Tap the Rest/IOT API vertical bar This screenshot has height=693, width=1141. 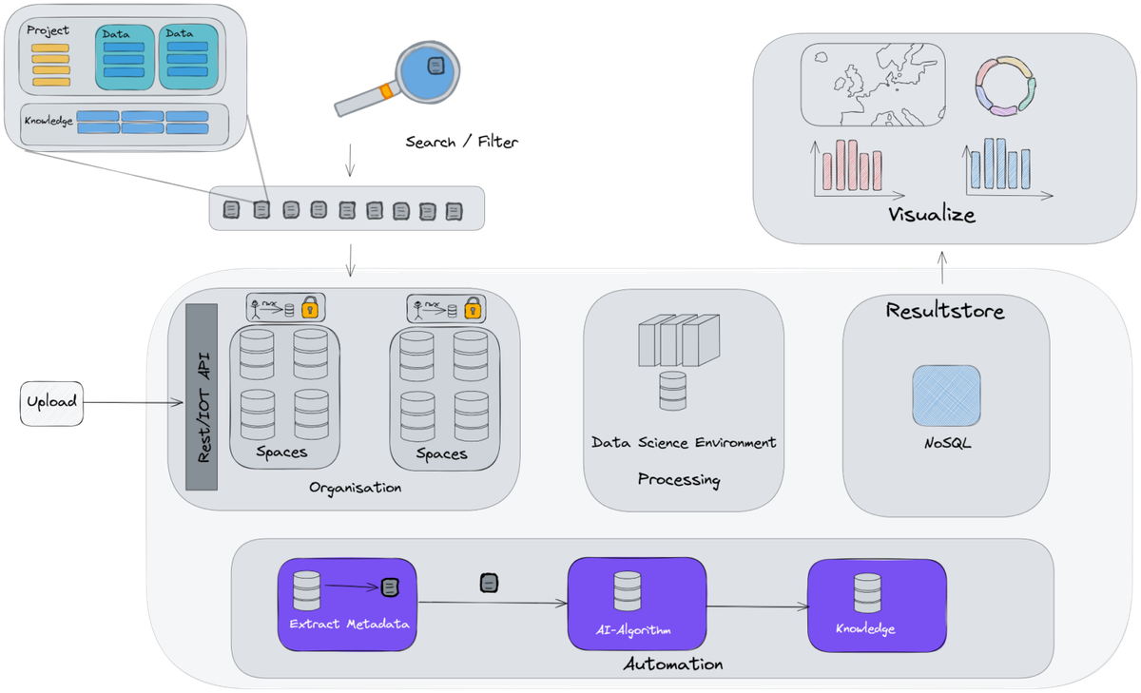click(x=202, y=397)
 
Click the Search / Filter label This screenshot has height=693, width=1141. click(x=462, y=143)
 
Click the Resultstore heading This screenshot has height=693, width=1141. click(x=944, y=311)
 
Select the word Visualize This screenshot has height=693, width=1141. click(x=931, y=215)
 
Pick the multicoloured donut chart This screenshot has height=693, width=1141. click(x=1005, y=86)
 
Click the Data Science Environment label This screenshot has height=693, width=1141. click(x=683, y=443)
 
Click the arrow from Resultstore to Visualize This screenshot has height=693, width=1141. click(x=942, y=267)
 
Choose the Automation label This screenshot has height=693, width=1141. click(x=672, y=664)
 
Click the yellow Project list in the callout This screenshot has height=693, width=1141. click(x=49, y=65)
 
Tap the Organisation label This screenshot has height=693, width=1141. click(x=355, y=488)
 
